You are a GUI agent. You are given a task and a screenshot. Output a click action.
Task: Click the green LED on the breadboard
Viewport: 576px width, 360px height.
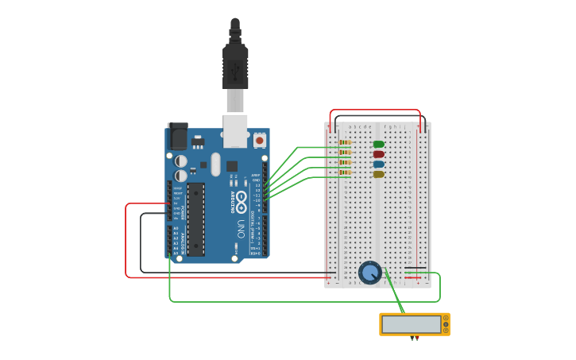(x=378, y=145)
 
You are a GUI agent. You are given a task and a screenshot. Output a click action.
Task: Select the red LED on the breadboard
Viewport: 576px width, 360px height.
(x=378, y=154)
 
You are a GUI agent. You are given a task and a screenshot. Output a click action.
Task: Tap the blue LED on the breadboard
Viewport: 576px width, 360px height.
(x=378, y=165)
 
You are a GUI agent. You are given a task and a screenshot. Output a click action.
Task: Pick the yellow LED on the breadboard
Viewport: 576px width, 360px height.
(x=378, y=174)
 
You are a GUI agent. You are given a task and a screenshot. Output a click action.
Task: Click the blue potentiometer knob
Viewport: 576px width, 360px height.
(x=370, y=273)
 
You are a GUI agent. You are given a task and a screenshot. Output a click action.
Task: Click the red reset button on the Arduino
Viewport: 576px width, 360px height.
(x=259, y=141)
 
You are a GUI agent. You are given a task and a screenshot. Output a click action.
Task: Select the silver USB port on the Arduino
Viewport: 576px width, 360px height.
(x=235, y=130)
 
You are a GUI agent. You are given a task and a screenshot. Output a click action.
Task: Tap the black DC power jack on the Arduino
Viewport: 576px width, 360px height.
(x=177, y=137)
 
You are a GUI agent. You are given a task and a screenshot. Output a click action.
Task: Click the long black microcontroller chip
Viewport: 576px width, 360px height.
(x=195, y=219)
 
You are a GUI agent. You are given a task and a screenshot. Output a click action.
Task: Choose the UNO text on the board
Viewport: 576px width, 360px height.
(x=241, y=229)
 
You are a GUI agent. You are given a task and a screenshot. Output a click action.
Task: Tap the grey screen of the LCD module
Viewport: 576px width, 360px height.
(x=411, y=324)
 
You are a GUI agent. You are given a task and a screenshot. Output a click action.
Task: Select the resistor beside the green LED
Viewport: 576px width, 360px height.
(x=345, y=144)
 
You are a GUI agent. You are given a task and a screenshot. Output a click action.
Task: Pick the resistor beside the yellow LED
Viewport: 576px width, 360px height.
(x=345, y=172)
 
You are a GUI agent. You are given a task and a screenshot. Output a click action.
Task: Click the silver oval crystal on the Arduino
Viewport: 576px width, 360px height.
(x=215, y=164)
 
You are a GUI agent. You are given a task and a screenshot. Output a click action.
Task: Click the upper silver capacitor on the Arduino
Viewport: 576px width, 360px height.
(x=181, y=161)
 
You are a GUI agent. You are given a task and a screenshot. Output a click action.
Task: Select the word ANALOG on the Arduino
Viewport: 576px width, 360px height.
(x=182, y=240)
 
